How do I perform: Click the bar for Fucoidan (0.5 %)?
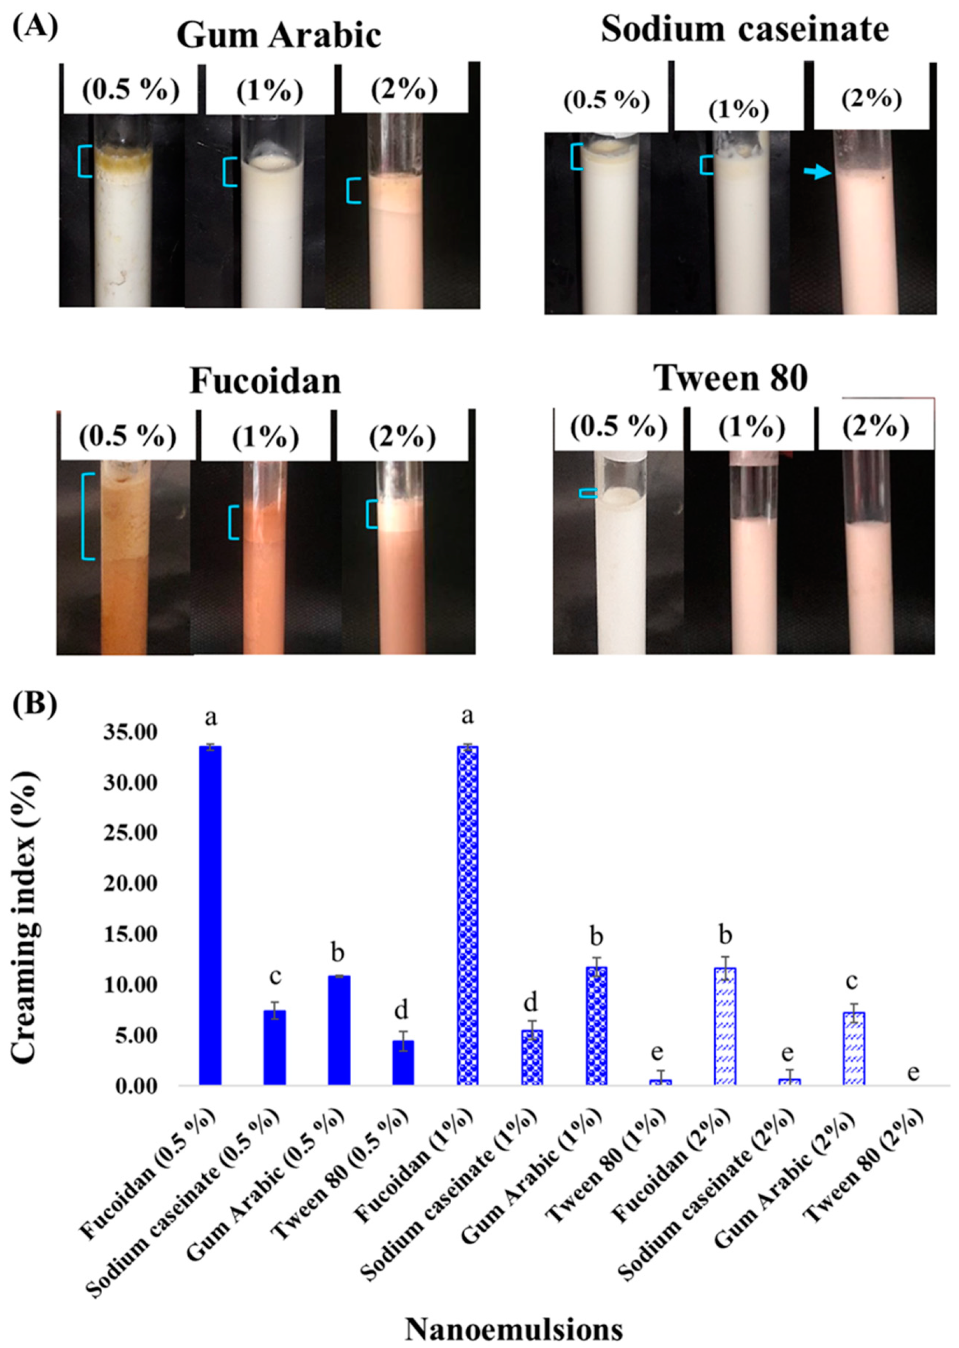tap(210, 916)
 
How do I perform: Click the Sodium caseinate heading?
tap(744, 30)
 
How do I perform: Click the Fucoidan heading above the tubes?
tap(265, 381)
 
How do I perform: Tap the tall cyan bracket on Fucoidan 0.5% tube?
tap(86, 516)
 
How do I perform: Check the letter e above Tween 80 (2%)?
tap(913, 1071)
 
